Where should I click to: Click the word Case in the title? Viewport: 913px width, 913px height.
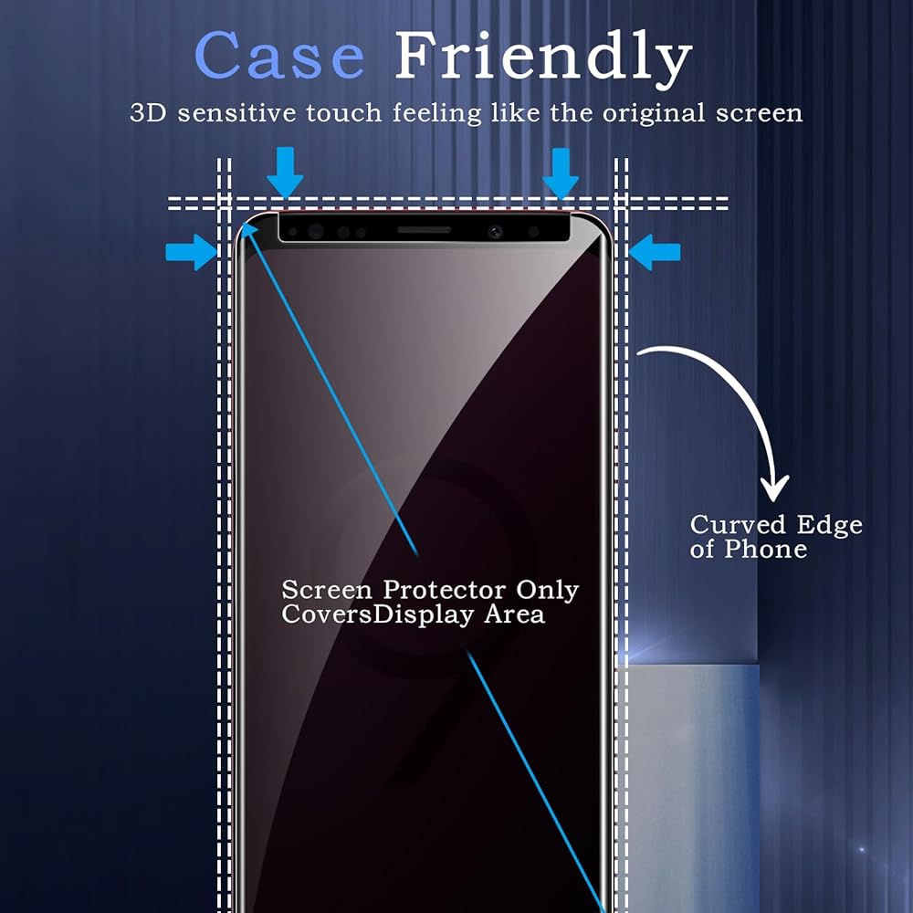point(279,57)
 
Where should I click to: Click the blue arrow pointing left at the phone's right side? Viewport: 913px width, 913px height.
point(656,251)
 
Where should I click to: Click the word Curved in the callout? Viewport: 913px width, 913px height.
point(733,525)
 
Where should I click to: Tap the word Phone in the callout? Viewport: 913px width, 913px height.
point(765,550)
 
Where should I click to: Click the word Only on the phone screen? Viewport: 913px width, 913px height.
point(548,590)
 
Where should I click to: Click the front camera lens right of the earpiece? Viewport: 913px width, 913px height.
point(496,232)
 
